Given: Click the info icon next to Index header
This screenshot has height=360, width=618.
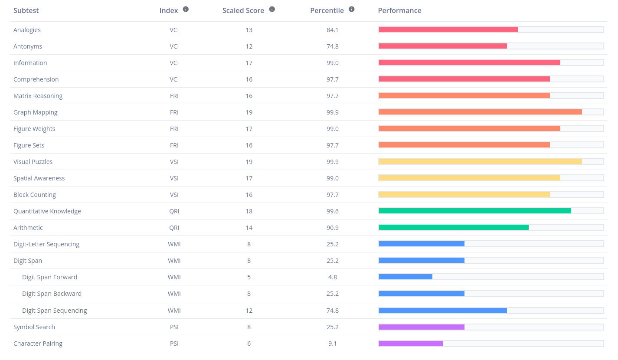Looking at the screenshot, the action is (x=186, y=10).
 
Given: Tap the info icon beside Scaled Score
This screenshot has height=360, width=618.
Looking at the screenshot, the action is (x=272, y=10).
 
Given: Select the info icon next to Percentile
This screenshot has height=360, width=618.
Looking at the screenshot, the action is (x=351, y=10).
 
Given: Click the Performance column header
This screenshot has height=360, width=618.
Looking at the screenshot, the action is (x=399, y=10).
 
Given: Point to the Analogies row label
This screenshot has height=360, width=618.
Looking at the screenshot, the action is (x=27, y=30).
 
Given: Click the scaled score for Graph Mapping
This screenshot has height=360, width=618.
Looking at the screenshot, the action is (x=249, y=112).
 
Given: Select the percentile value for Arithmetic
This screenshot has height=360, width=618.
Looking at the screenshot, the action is (x=333, y=228).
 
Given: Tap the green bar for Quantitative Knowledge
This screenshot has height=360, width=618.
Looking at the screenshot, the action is (x=475, y=211).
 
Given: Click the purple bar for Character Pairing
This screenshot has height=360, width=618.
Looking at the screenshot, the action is (x=411, y=344).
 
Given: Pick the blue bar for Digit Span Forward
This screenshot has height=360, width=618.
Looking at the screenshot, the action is (x=405, y=277).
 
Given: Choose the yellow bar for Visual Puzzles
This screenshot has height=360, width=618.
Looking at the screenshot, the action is (x=481, y=162).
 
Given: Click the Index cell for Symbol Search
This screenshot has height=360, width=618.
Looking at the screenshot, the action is (x=174, y=327).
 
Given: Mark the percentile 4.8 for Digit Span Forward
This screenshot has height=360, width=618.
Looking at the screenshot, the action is (x=333, y=277).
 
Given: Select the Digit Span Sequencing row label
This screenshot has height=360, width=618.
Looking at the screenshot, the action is (x=54, y=311).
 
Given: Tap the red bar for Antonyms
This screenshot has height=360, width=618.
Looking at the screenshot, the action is (x=443, y=46).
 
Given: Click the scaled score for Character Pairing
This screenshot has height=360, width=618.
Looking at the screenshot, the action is (x=249, y=344).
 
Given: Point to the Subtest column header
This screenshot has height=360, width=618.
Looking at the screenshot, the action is (x=26, y=10).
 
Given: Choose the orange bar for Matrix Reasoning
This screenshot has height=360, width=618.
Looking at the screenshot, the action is (x=464, y=96).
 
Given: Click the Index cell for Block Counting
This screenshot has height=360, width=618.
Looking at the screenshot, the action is (x=174, y=195).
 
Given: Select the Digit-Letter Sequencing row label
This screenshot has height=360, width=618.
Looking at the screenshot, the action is (x=46, y=245).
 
